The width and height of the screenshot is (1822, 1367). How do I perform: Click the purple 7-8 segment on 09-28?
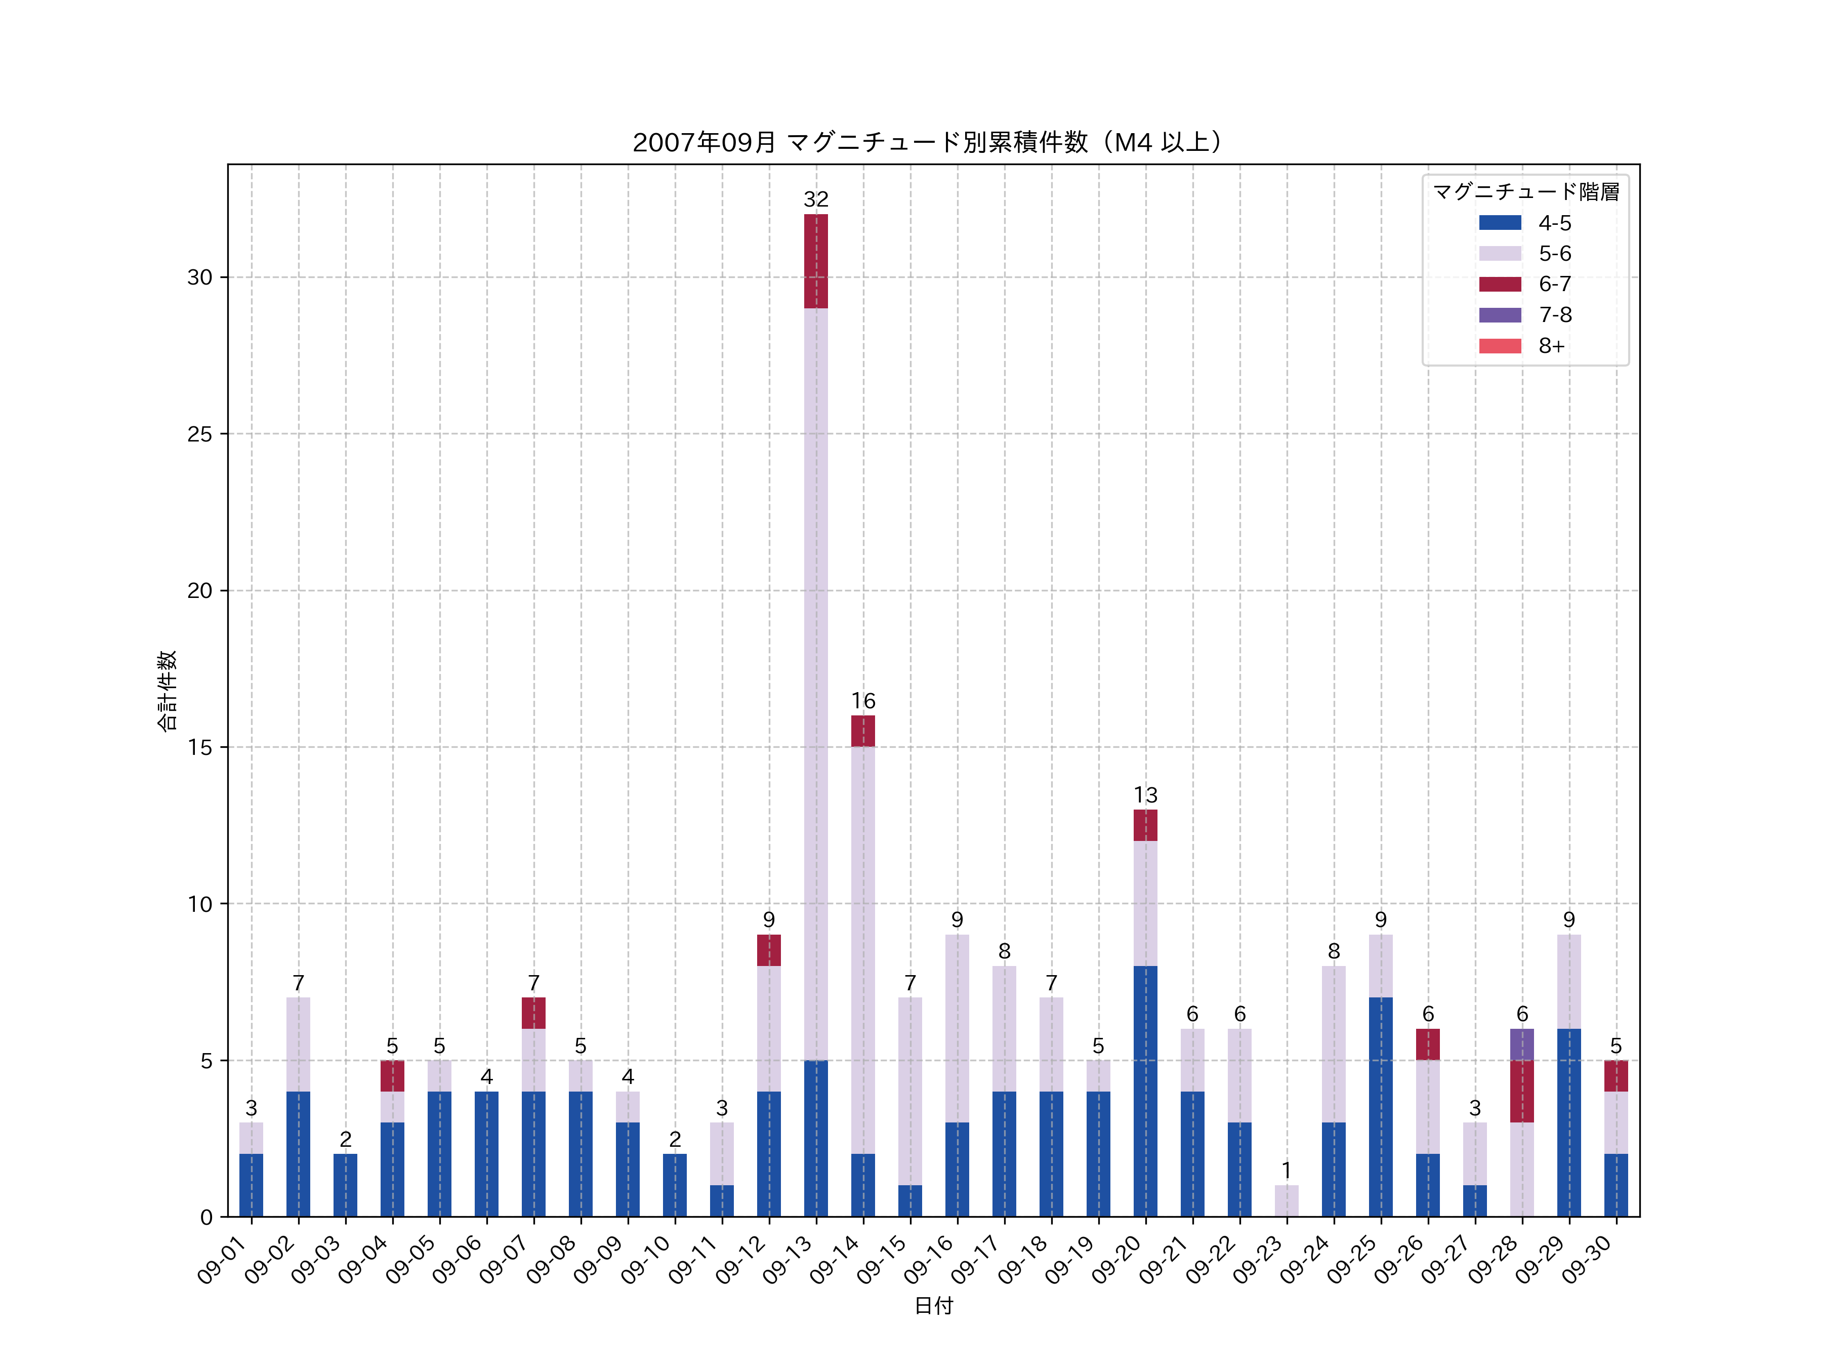tap(1521, 1044)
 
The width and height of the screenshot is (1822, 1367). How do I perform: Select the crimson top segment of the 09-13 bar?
tap(815, 261)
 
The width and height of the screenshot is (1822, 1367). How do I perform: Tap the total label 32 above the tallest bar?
tap(815, 199)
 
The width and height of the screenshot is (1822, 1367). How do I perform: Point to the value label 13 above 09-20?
tap(1145, 795)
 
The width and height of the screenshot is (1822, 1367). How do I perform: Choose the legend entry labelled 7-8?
tap(1554, 315)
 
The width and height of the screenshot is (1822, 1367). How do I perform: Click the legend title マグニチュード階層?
tap(1525, 192)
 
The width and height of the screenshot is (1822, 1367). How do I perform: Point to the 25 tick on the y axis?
tap(199, 434)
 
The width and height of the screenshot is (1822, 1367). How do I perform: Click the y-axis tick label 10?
tap(199, 904)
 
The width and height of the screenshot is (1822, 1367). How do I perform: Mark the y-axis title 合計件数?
tap(167, 691)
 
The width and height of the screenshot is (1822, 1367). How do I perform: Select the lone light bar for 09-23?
tap(1286, 1200)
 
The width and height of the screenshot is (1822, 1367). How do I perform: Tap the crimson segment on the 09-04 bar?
tap(392, 1075)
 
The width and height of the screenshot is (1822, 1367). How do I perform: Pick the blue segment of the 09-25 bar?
tap(1381, 1107)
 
